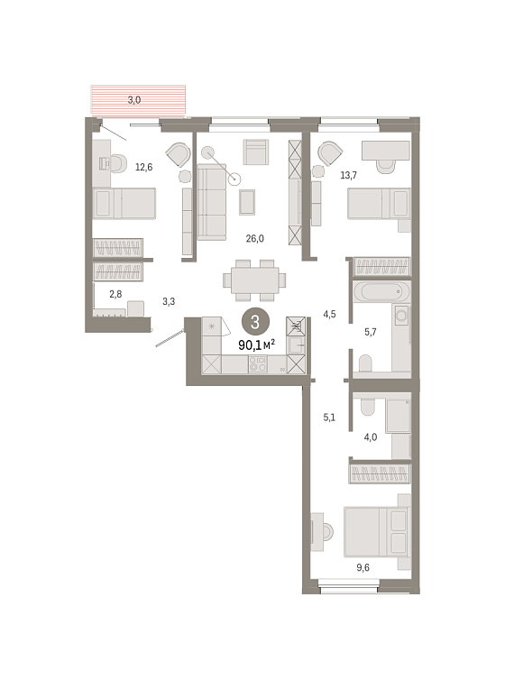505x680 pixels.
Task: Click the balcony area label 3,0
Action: (134, 100)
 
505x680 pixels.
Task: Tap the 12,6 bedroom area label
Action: (144, 167)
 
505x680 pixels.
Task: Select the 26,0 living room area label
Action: (255, 238)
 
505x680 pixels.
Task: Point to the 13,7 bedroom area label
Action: (348, 175)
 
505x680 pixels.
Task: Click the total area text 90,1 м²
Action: (257, 345)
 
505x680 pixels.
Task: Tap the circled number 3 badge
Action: (255, 322)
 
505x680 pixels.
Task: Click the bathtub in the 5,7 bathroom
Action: (381, 291)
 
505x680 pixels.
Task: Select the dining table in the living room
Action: (254, 280)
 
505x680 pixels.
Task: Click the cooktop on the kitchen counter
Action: (258, 364)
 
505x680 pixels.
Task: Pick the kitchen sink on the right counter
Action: (297, 345)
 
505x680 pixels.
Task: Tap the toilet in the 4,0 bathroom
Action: (369, 406)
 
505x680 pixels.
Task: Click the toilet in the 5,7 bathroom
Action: (365, 363)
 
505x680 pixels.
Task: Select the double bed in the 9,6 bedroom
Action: (377, 532)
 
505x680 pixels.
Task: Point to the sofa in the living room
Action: (212, 202)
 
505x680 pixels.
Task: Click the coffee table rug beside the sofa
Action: (247, 202)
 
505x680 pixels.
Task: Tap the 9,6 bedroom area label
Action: (363, 567)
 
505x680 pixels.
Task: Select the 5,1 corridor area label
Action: (329, 418)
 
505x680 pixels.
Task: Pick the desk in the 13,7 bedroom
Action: (386, 150)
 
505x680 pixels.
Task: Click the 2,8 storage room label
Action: (115, 294)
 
